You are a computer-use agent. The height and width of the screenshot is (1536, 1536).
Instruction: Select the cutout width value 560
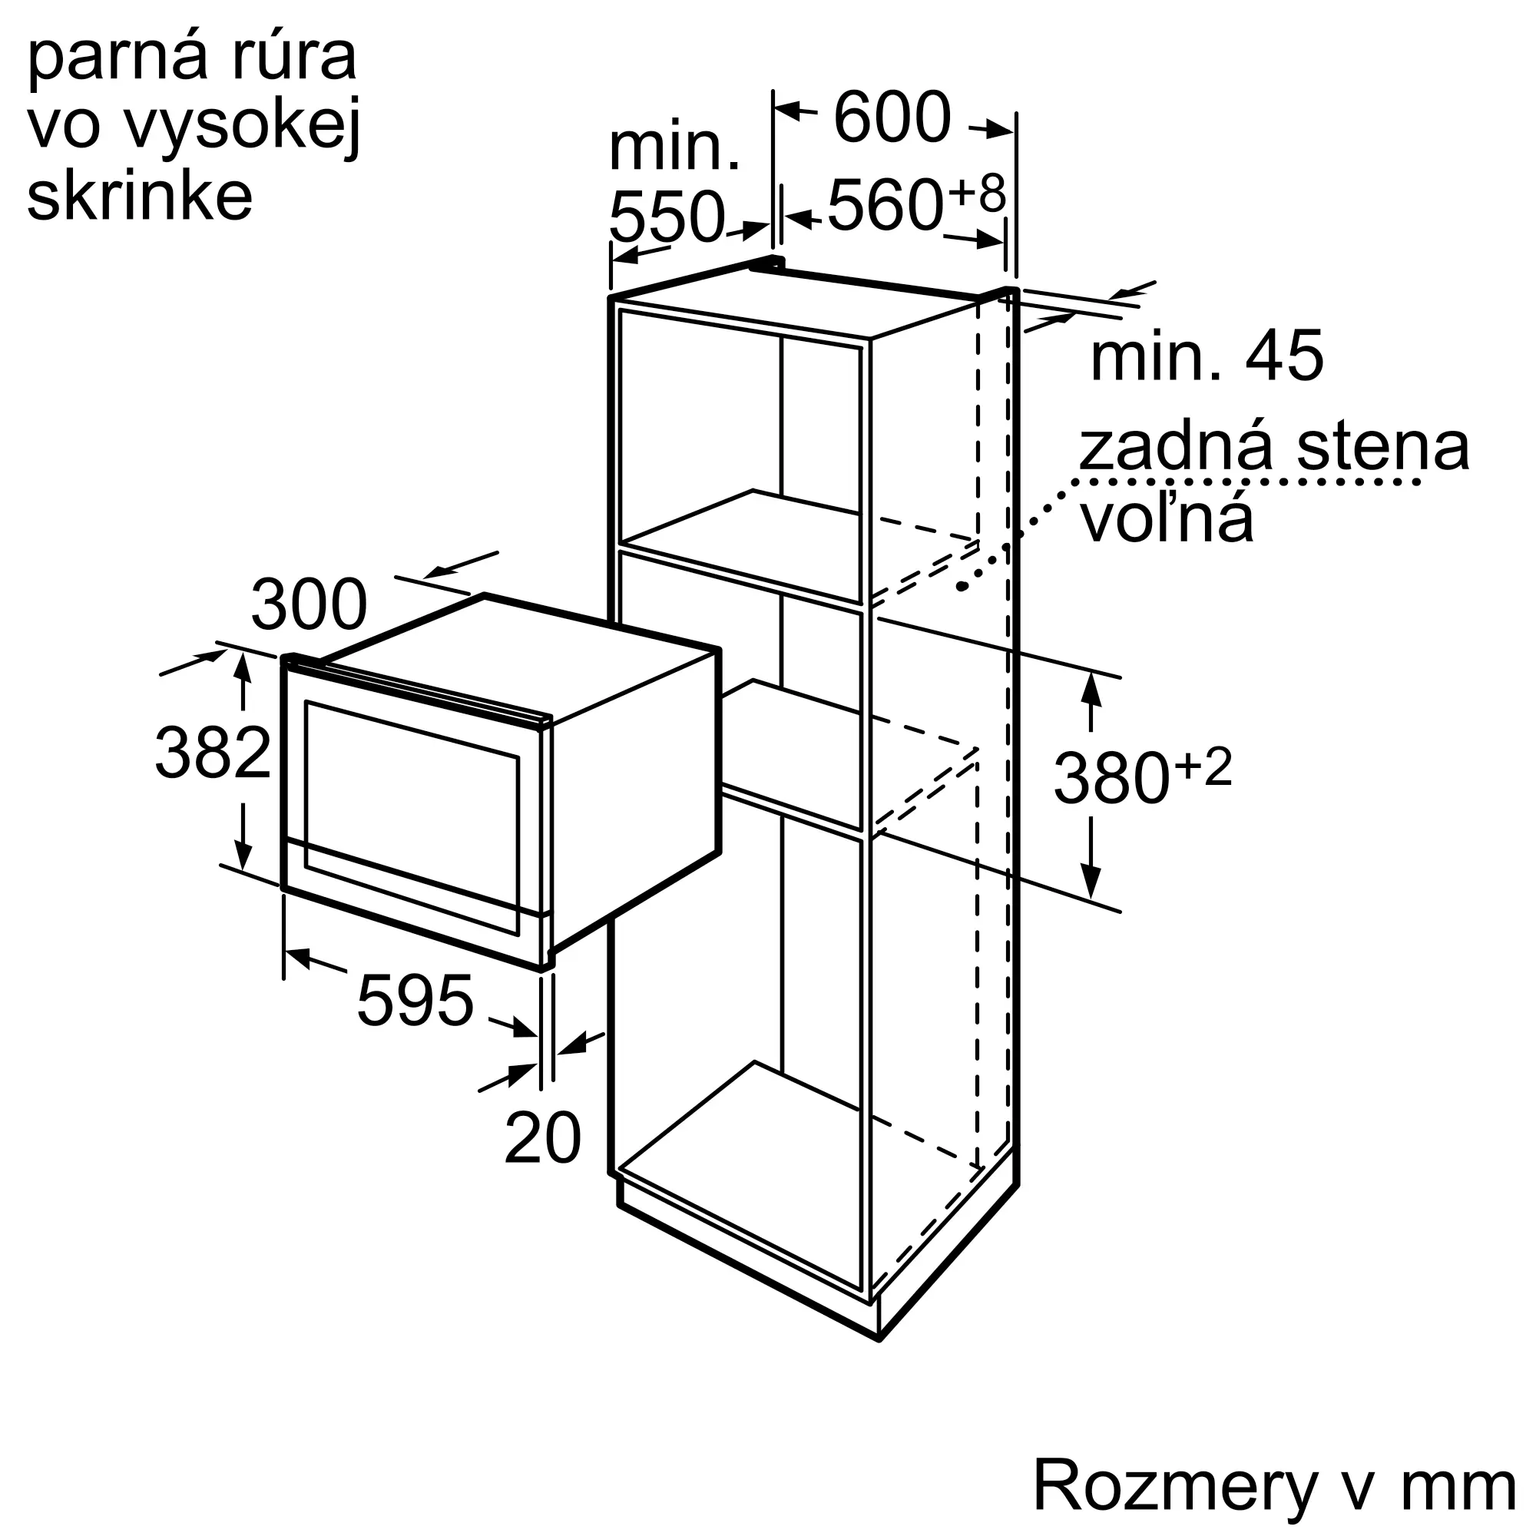pyautogui.click(x=885, y=205)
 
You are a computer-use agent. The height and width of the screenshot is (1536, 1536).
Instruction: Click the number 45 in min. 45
pyautogui.click(x=1284, y=356)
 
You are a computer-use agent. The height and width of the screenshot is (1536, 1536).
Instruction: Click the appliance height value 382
pyautogui.click(x=212, y=753)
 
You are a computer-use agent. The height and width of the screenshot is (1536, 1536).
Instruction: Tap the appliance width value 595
pyautogui.click(x=414, y=1001)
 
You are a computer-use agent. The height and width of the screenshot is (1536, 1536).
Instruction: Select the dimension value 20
pyautogui.click(x=542, y=1138)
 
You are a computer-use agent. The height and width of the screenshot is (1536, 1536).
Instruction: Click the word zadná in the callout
pyautogui.click(x=1180, y=448)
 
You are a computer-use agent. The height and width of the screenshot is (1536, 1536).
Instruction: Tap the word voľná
pyautogui.click(x=1166, y=518)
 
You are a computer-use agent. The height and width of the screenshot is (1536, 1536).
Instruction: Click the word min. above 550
pyautogui.click(x=674, y=148)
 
